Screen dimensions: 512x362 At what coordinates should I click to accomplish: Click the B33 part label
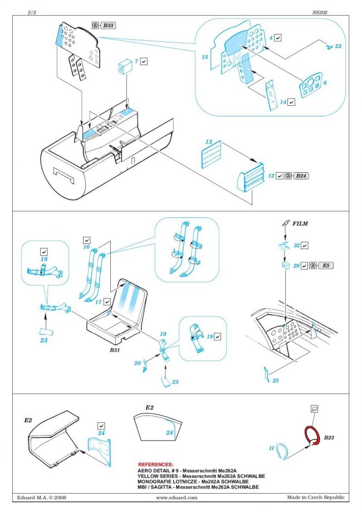click(110, 26)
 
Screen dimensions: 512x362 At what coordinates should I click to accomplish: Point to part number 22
click(338, 46)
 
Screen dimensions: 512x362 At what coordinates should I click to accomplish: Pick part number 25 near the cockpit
click(275, 381)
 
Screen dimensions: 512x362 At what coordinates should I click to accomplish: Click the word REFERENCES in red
click(155, 464)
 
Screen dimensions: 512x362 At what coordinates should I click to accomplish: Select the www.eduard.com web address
click(178, 498)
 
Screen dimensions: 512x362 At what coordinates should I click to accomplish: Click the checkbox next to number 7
click(144, 61)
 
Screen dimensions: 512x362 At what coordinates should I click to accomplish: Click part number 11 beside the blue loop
click(271, 447)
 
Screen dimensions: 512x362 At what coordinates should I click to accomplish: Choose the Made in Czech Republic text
click(316, 498)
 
